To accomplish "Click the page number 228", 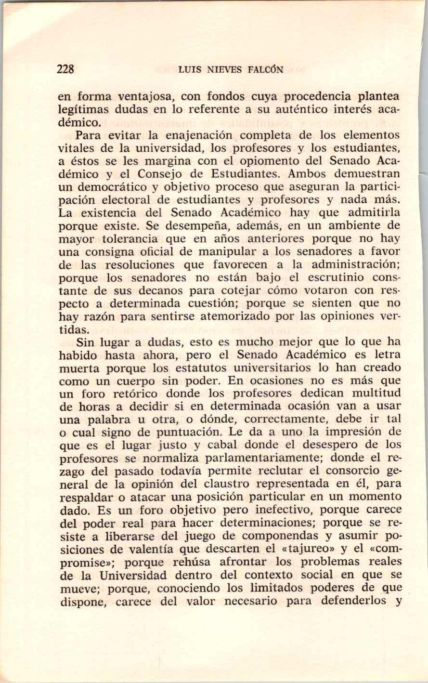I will (x=65, y=69).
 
